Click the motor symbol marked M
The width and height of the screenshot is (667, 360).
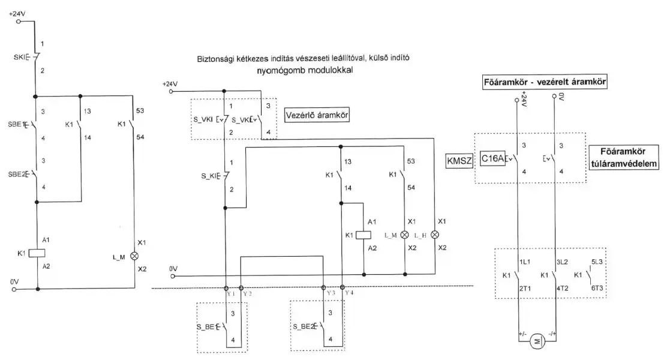(537, 341)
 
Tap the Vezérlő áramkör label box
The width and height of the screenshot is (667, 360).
(316, 113)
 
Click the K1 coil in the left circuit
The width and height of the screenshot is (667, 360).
(38, 253)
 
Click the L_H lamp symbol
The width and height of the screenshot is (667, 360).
(435, 234)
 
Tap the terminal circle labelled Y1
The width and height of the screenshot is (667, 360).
(227, 289)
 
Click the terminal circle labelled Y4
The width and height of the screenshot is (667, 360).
(342, 289)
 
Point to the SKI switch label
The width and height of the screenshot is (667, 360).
(20, 57)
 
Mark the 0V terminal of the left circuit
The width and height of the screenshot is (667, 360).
(19, 289)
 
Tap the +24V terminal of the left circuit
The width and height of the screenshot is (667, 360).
(19, 21)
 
